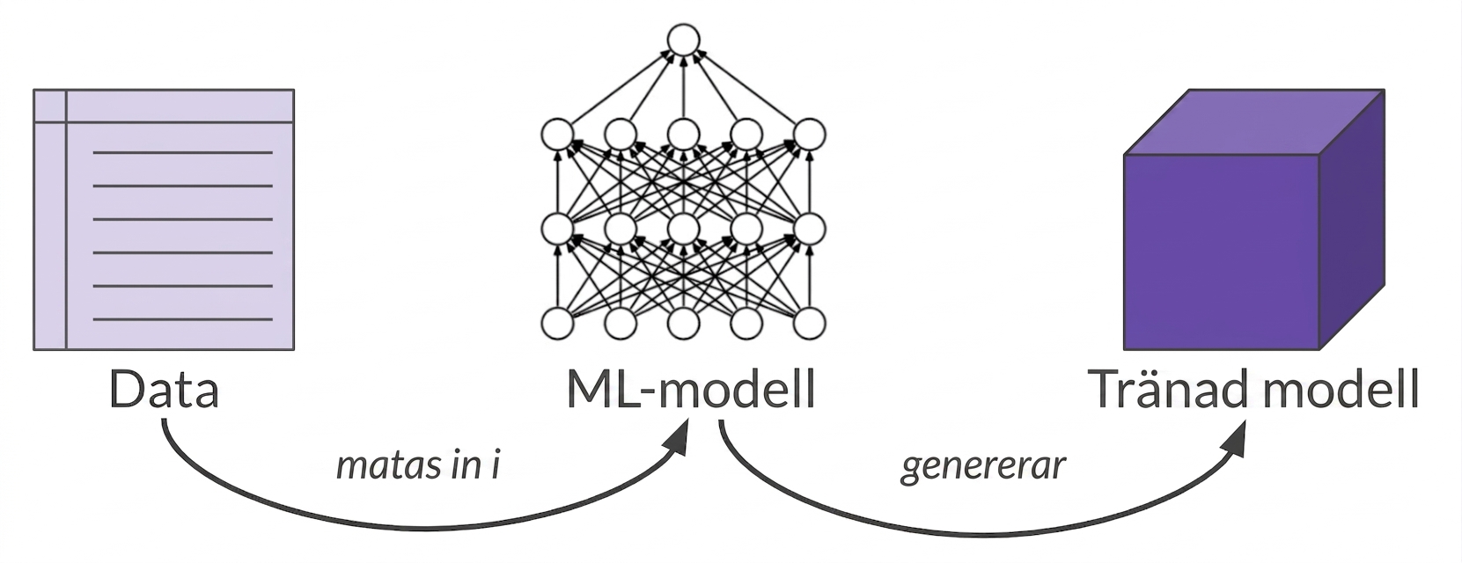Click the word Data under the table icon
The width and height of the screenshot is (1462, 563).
[164, 390]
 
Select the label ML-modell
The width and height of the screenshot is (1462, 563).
[691, 390]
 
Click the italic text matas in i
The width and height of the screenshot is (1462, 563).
[418, 466]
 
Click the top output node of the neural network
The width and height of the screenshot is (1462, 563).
[683, 40]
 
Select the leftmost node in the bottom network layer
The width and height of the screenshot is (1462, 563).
[557, 324]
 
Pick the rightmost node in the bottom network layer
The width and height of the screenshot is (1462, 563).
[809, 324]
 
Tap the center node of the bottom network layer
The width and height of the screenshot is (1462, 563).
[683, 324]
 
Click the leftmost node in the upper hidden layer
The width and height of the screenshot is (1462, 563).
[557, 135]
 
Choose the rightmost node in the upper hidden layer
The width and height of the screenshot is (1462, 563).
[809, 135]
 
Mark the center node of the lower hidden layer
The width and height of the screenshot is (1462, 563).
[683, 229]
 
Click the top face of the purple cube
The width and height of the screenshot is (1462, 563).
[1253, 122]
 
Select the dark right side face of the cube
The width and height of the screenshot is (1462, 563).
[1352, 219]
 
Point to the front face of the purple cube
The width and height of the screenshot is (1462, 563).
[1221, 252]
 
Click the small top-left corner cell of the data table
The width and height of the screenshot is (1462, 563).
[50, 106]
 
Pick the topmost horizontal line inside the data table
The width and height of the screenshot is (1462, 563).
[183, 153]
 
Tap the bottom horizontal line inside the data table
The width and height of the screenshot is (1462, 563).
[183, 319]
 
